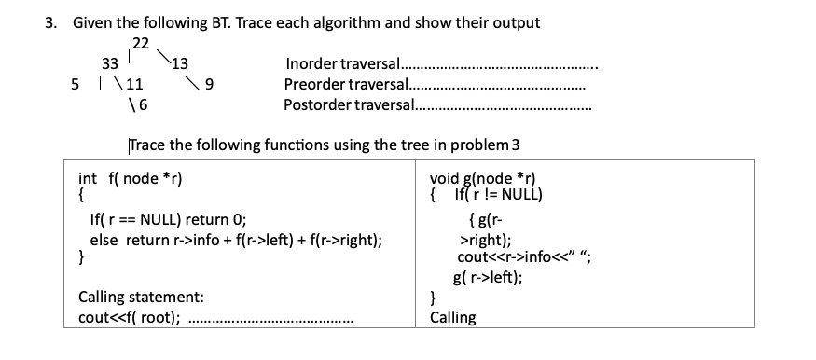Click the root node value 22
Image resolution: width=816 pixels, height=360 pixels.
click(141, 43)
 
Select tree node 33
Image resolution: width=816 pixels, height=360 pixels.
click(109, 64)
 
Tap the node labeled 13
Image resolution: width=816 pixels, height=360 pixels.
click(180, 64)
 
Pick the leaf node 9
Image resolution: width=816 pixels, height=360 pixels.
click(210, 85)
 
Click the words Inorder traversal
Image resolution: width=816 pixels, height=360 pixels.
click(341, 64)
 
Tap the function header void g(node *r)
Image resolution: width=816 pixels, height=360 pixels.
click(484, 179)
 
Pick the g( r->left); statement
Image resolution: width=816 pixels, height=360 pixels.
click(487, 277)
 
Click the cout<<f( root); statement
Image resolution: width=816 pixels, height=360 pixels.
click(130, 317)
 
